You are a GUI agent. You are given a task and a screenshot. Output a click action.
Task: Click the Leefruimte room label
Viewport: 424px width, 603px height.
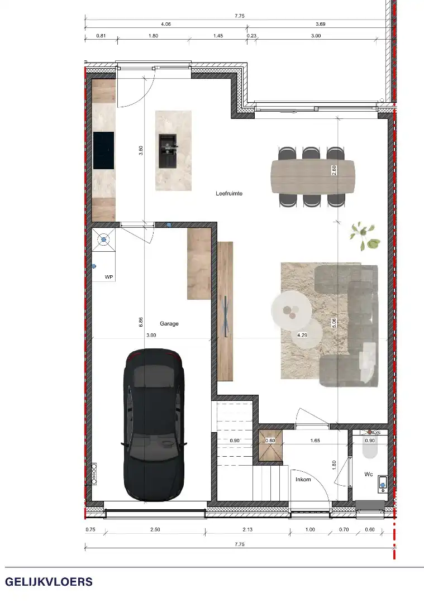[x=229, y=194]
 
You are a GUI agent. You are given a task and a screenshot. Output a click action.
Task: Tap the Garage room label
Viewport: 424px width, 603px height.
[x=169, y=323]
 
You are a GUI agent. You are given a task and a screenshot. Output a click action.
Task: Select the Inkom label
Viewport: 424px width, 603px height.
[x=303, y=479]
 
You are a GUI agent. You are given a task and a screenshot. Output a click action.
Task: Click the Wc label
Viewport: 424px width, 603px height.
[x=369, y=475]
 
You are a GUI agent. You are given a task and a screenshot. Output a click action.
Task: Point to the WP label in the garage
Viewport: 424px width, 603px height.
[x=109, y=276]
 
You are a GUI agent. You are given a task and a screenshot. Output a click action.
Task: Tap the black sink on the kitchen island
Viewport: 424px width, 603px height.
[x=168, y=150]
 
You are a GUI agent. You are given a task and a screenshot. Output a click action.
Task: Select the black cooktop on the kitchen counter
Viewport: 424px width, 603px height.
[x=103, y=150]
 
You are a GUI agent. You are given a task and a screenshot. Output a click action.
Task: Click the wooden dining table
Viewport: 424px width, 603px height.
[x=312, y=176]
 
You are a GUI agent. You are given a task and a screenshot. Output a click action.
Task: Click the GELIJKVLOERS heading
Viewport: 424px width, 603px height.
[x=49, y=582]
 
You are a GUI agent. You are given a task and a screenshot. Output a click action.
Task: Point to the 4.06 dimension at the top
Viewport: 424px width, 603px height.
[x=166, y=24]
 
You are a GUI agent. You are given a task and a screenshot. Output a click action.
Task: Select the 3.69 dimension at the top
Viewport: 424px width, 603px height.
[x=320, y=24]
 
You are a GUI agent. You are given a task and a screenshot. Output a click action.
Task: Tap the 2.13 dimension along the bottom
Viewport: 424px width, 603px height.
[x=248, y=529]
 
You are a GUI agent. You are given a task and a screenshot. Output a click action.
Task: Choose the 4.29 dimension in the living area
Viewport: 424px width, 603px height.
[x=302, y=336]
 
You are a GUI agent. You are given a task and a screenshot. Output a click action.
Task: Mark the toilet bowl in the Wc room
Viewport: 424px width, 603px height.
[x=370, y=446]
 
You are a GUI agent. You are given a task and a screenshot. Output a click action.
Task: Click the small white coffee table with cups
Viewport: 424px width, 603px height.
[x=290, y=309]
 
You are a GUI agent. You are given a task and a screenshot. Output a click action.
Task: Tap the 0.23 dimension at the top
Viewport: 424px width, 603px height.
[x=251, y=36]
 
